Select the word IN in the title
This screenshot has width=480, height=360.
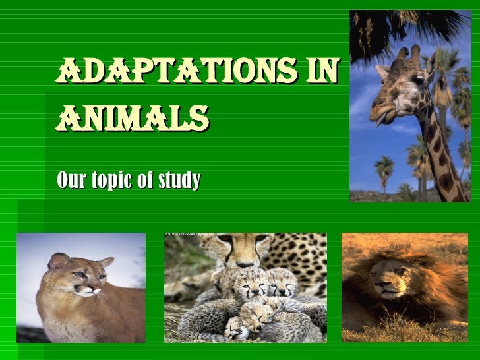[323, 71]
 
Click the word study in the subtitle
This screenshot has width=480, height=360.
[177, 180]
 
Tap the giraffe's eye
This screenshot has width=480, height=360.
[418, 81]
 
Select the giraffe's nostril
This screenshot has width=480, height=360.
[377, 102]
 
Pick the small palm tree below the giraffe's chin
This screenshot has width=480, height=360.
[383, 171]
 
